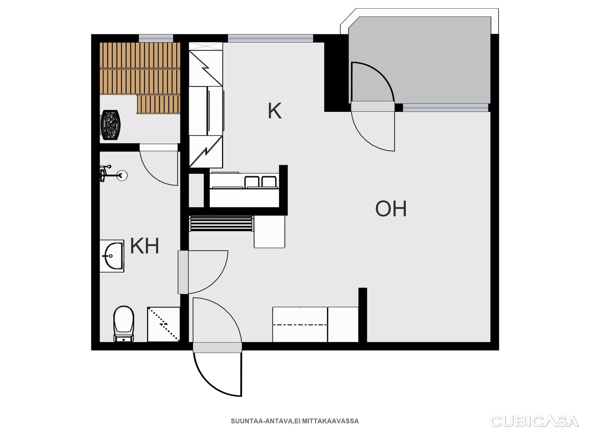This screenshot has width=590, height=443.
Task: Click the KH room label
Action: [x=145, y=246]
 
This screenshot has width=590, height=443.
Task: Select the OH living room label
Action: [x=391, y=209]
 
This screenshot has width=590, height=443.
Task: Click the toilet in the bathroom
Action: [x=124, y=324]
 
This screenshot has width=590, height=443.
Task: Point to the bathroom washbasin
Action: [x=112, y=256]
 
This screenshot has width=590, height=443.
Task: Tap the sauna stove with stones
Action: [x=110, y=125]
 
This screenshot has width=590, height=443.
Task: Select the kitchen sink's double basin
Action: [x=260, y=182]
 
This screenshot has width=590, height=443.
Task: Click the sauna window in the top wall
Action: [x=156, y=38]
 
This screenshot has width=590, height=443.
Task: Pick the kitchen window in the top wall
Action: [x=270, y=38]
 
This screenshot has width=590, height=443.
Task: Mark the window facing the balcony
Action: [x=445, y=107]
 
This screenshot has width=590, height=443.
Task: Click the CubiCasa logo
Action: [x=534, y=421]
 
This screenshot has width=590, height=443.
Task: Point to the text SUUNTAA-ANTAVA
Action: [x=262, y=421]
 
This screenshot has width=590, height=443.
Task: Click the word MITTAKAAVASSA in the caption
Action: [x=330, y=421]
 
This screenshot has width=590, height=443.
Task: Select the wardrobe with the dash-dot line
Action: [x=300, y=324]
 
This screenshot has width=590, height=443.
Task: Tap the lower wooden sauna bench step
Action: [x=158, y=104]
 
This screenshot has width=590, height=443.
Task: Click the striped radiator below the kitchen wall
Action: [x=222, y=223]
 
